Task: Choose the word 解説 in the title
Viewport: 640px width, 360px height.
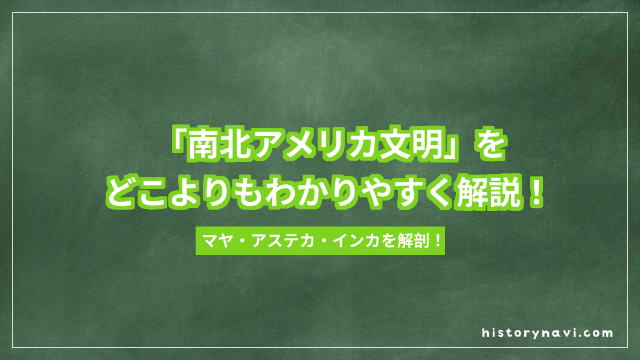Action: [491, 195]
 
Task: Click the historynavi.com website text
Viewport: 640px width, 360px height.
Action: [548, 333]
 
